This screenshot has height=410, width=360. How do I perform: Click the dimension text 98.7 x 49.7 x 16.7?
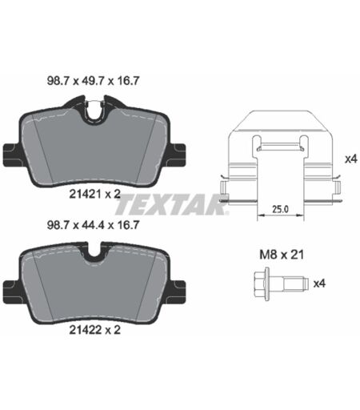[x=93, y=81]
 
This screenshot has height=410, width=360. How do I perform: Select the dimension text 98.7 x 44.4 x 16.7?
[x=93, y=225]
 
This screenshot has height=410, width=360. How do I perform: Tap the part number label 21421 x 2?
[x=95, y=194]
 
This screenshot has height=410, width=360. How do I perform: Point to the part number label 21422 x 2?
[x=95, y=330]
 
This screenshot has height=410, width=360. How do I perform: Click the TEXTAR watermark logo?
[x=171, y=205]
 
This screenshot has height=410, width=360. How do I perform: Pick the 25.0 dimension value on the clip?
[x=280, y=209]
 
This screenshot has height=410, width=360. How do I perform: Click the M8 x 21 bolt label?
[x=282, y=255]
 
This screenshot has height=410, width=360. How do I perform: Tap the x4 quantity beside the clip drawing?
[x=350, y=159]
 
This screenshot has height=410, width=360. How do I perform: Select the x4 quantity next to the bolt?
[x=319, y=283]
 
